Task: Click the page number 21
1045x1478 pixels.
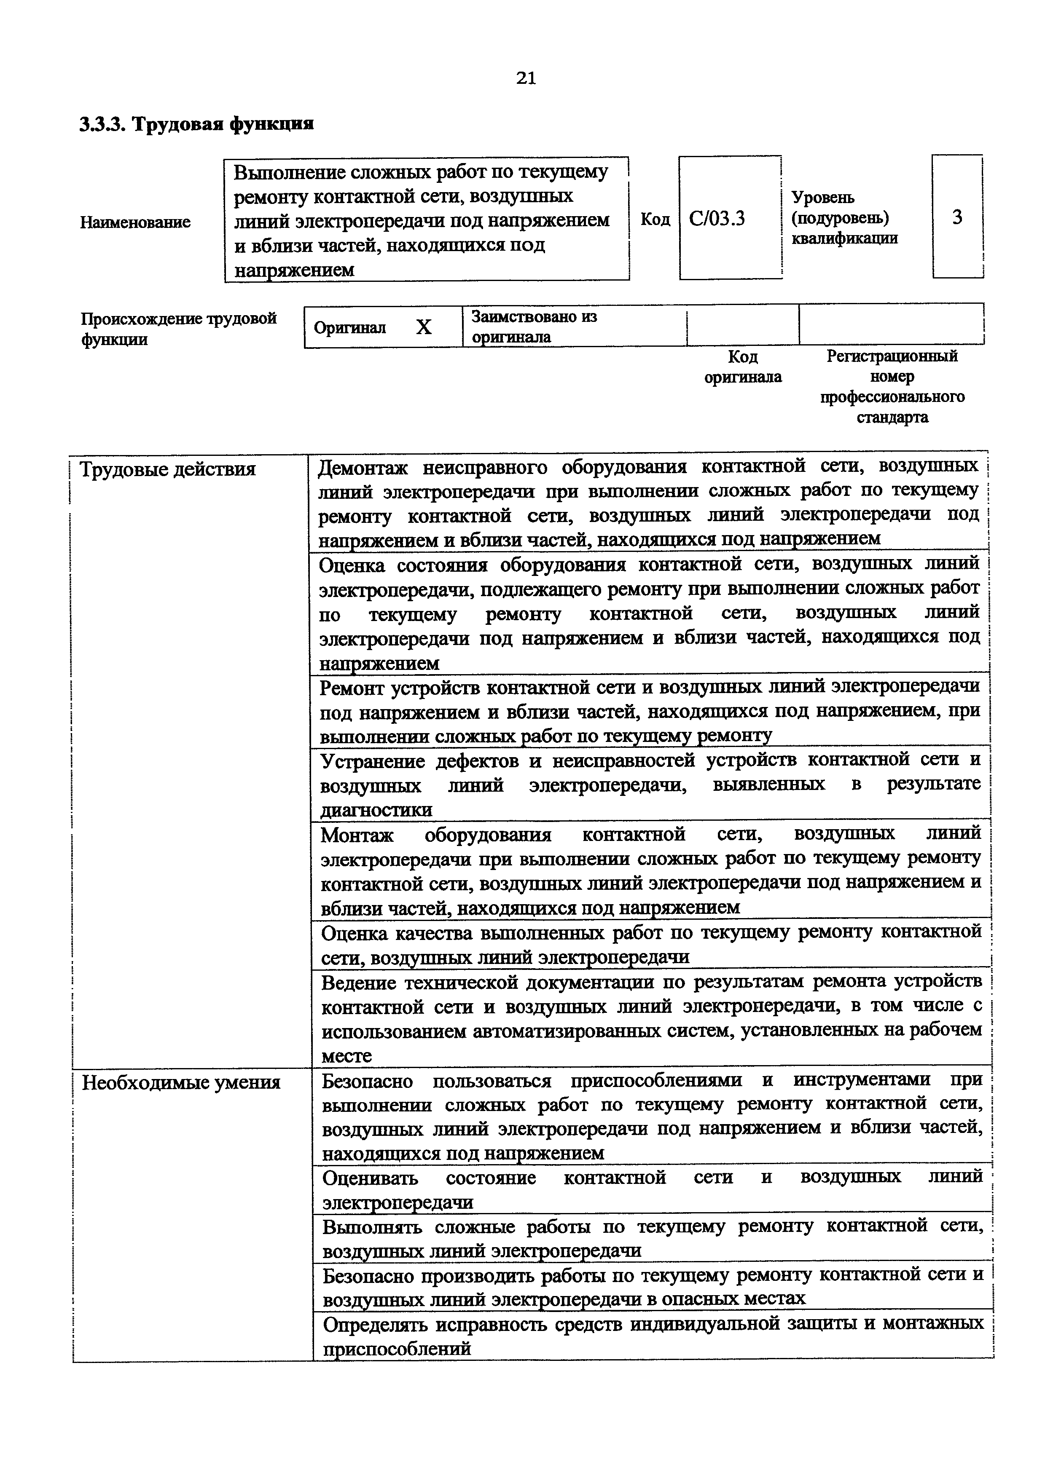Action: [525, 78]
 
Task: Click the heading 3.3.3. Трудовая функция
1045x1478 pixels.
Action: [197, 123]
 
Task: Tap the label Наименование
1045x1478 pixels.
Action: [135, 222]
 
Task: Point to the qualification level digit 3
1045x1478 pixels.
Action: [957, 217]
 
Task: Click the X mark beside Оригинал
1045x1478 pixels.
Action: [423, 328]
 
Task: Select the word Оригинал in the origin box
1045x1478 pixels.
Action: [349, 328]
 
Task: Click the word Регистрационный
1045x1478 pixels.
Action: [892, 356]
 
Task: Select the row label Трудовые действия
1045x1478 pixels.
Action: [167, 469]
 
